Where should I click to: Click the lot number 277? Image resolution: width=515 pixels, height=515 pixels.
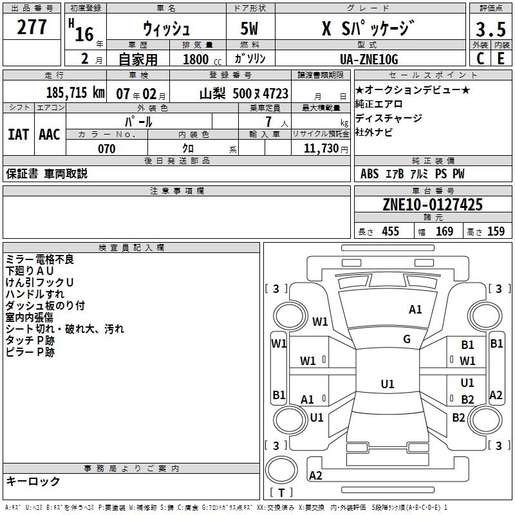32,28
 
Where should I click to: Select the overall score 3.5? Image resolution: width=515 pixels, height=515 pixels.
490,30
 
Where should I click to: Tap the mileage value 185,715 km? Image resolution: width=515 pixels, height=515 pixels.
75,93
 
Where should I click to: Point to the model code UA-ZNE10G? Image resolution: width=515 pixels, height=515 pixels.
369,59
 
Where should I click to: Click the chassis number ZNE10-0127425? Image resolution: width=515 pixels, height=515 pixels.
432,205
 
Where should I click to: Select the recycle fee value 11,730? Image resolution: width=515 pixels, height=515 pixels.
320,148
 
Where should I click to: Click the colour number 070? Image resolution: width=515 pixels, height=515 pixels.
106,149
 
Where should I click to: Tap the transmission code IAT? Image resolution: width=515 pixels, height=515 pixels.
18,135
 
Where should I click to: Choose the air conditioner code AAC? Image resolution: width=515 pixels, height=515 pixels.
49,135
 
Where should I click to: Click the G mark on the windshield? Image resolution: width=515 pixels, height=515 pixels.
407,339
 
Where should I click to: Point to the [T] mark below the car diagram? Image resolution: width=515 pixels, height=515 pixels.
281,492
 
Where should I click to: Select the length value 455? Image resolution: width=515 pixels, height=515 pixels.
390,232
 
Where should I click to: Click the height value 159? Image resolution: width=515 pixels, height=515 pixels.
495,232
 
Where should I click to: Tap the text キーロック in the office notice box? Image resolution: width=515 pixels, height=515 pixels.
33,482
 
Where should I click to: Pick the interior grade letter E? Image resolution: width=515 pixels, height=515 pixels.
500,59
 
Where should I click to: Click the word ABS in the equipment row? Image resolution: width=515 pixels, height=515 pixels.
370,174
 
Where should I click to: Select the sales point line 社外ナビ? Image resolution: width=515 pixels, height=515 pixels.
374,133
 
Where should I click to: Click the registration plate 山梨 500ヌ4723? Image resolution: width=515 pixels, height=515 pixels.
243,93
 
